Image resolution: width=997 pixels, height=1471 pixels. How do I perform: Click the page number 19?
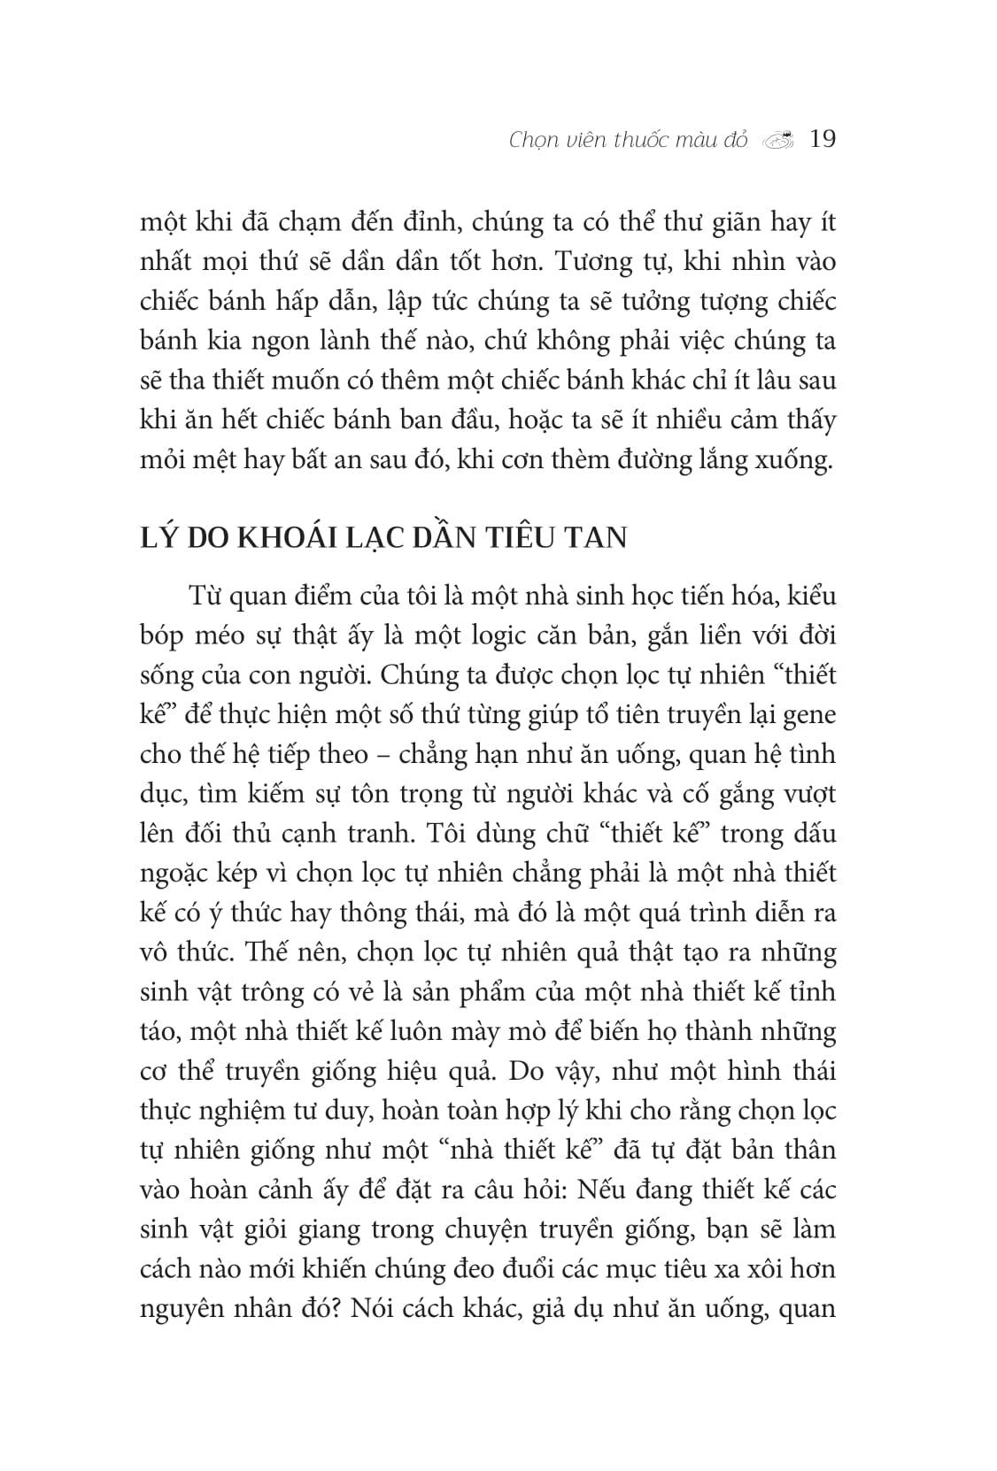click(823, 140)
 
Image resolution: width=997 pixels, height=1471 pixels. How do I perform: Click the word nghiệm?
click(243, 1112)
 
